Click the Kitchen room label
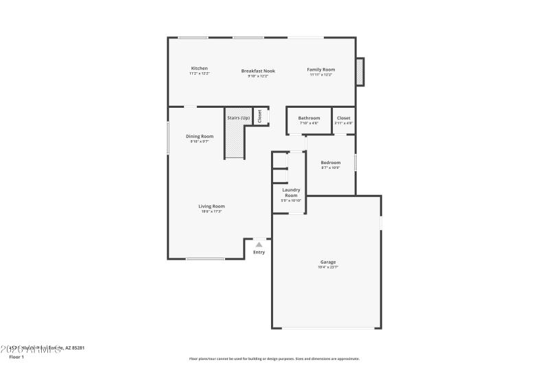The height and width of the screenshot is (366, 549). (x=199, y=69)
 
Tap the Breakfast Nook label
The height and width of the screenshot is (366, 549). (x=258, y=71)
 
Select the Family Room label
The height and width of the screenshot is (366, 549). (x=320, y=69)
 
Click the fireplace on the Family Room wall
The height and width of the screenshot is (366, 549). (x=360, y=72)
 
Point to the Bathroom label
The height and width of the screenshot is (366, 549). (x=309, y=118)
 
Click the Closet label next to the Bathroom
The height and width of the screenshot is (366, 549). (x=344, y=118)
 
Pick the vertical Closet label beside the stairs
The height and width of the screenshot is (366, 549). (x=260, y=117)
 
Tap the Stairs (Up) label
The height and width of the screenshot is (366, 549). (x=238, y=118)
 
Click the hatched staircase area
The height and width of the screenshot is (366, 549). (x=234, y=141)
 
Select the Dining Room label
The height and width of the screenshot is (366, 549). (x=200, y=136)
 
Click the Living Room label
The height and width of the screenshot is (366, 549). (x=211, y=206)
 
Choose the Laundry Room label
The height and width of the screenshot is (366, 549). (x=290, y=192)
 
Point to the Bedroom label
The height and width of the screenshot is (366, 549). (x=331, y=163)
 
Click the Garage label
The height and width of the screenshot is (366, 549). (x=327, y=262)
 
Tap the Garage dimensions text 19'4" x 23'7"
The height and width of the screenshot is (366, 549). (x=327, y=267)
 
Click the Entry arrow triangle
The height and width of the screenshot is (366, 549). (x=259, y=244)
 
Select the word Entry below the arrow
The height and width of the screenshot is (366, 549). (x=259, y=252)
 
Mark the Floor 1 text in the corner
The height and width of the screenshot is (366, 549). (x=16, y=357)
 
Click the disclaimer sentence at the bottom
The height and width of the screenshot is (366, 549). (x=274, y=358)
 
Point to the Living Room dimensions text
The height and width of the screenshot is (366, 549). (x=211, y=211)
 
